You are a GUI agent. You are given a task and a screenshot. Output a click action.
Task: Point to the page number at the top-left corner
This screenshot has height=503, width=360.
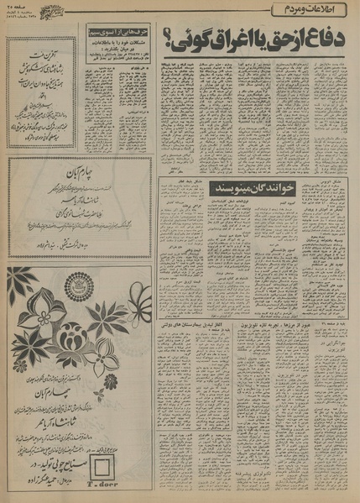click(x=25, y=8)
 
